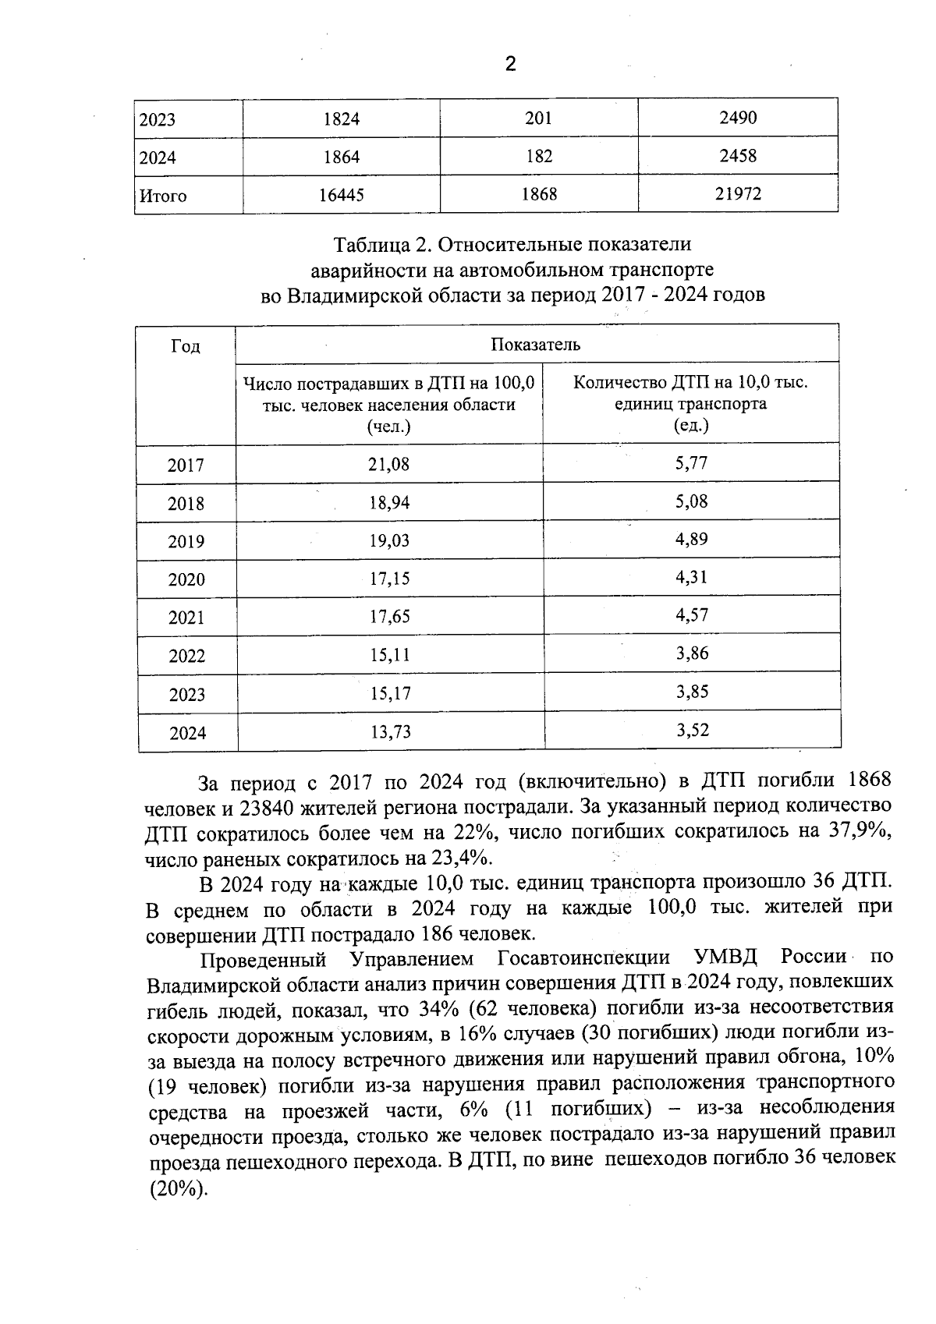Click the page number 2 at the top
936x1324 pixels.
[x=510, y=64]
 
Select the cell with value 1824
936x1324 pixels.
[x=341, y=119]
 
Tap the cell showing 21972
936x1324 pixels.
[x=738, y=194]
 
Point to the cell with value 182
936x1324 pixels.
[x=538, y=156]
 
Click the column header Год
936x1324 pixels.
[x=186, y=346]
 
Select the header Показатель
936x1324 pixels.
[x=535, y=344]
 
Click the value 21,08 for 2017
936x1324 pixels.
[x=388, y=465]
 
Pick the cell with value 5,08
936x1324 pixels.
[x=691, y=501]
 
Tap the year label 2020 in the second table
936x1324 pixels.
[x=186, y=579]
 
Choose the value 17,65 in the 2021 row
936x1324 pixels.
[x=389, y=617]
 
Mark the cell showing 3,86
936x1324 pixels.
[x=692, y=653]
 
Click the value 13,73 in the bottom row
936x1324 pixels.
[x=389, y=731]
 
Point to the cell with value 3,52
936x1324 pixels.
[x=692, y=730]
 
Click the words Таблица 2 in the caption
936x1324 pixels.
[x=382, y=245]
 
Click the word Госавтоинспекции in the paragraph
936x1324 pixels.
[x=583, y=957]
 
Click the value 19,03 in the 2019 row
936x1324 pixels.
[x=388, y=540]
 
